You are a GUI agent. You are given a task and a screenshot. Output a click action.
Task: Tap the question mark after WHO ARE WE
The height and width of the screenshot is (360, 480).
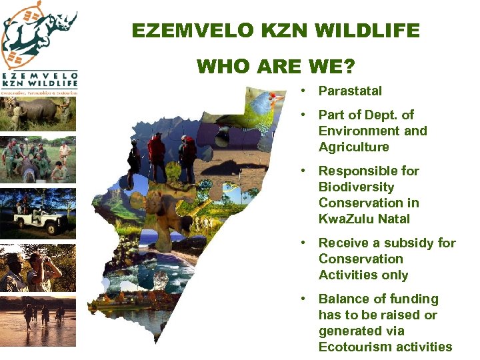(349, 67)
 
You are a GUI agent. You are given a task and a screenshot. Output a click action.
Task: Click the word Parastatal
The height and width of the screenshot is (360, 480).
(350, 91)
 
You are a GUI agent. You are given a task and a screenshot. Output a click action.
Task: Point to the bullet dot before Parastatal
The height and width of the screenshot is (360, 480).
(303, 90)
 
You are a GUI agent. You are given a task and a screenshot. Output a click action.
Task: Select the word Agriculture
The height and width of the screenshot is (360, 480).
(353, 147)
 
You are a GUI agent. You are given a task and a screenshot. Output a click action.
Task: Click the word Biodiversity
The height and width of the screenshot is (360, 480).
(356, 187)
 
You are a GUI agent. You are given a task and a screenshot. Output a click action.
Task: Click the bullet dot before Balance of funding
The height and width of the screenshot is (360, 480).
(303, 298)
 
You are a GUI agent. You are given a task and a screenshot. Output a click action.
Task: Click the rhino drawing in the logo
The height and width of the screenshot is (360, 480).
(47, 30)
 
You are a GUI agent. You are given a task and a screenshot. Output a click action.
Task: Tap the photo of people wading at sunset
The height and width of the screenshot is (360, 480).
(38, 321)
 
